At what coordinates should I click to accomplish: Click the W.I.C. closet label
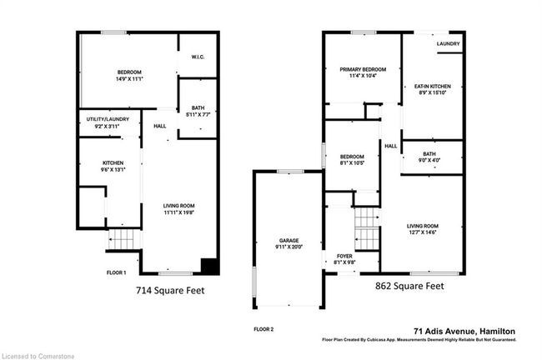coord(198,57)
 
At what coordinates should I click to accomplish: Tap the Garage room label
coord(289,241)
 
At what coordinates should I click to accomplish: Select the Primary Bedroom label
coord(363,69)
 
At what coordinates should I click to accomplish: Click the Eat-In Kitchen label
coord(433,87)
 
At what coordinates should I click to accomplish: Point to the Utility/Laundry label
coord(108,119)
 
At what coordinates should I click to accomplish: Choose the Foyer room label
coord(344,257)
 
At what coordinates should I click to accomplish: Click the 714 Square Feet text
coord(170,291)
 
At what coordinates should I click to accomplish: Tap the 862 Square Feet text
coord(409,286)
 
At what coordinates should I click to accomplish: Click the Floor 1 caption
coord(116,272)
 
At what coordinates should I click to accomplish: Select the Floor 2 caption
coord(263,329)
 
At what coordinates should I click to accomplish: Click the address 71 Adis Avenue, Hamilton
coord(464,332)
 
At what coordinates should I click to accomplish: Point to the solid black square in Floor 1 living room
coord(209,266)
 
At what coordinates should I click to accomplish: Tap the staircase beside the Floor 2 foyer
coord(367,228)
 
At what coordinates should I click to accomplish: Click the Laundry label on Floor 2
coord(448,44)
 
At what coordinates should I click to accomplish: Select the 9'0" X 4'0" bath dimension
coord(429,160)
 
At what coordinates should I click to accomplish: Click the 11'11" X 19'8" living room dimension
coord(178,212)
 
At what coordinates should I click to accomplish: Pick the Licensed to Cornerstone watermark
coord(38,356)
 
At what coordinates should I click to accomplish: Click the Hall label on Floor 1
coord(160,126)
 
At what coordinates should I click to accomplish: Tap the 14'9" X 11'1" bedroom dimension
coord(129,79)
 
